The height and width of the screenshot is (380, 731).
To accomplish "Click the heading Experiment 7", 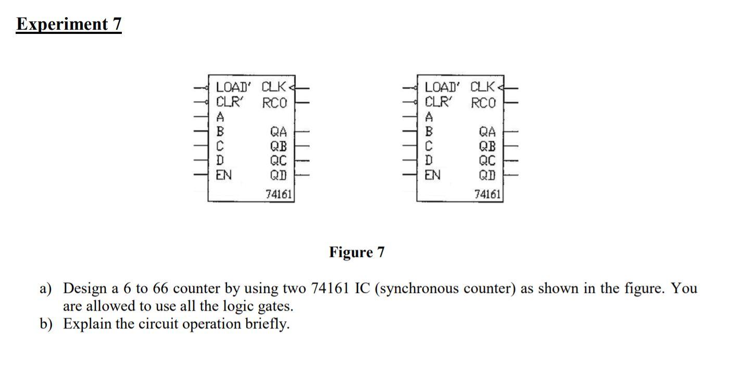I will (69, 24).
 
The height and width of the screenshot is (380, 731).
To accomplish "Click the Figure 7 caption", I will (357, 252).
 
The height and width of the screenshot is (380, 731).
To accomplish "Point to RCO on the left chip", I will (274, 103).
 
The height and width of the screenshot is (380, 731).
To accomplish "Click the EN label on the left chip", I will (224, 175).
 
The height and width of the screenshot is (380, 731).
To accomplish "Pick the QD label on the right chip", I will (489, 175).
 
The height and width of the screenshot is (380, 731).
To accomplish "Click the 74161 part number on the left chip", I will (279, 194).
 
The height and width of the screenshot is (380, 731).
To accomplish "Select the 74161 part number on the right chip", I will (488, 194).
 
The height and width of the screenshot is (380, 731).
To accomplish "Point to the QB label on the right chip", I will (488, 146).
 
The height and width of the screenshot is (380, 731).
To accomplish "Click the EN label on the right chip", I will (433, 175).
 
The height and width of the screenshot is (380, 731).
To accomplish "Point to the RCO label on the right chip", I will (483, 103).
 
